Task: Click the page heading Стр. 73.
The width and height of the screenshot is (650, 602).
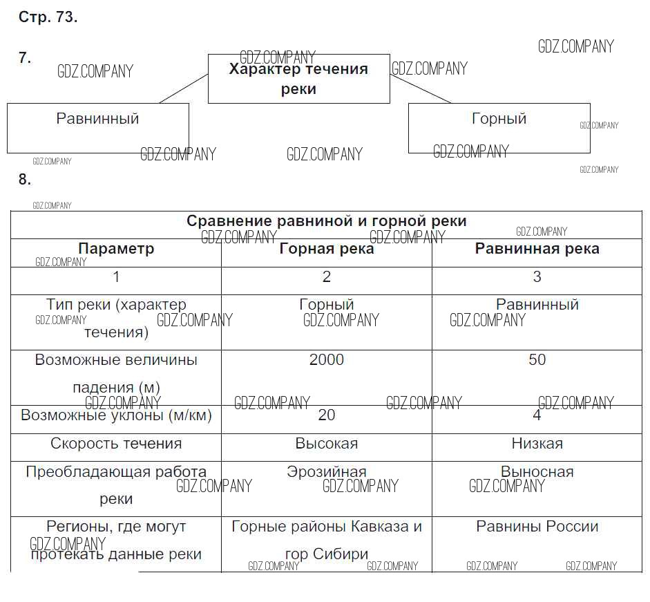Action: (48, 17)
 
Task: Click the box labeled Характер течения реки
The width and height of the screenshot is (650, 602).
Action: (299, 78)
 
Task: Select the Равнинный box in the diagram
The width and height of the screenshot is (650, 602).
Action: (98, 128)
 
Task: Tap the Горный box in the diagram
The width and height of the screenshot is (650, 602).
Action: (499, 128)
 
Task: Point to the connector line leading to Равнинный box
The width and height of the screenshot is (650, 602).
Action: (184, 88)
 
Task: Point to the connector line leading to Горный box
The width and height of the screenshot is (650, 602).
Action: (421, 88)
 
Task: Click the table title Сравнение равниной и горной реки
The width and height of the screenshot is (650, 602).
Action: (327, 220)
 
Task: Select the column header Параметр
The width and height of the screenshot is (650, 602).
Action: (116, 249)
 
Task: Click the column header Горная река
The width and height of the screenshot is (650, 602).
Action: (327, 249)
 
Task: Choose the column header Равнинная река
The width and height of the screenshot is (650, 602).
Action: (537, 249)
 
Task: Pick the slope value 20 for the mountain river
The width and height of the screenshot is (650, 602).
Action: (327, 415)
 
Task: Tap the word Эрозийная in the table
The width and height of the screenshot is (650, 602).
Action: (327, 472)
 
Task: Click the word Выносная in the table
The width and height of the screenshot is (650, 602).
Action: (537, 472)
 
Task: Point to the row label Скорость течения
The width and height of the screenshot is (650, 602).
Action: (116, 444)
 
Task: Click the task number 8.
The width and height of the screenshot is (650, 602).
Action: (25, 179)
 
